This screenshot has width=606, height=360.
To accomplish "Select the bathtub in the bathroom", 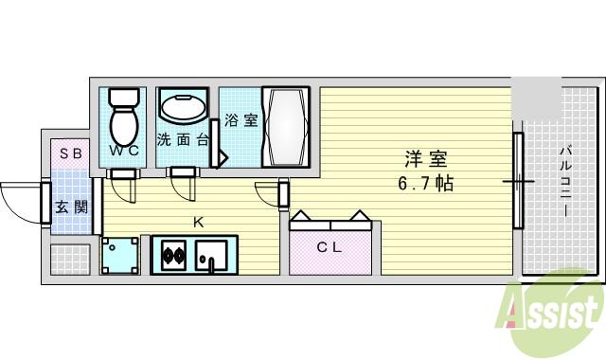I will click(x=285, y=127).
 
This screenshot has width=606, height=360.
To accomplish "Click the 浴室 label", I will click(x=241, y=121).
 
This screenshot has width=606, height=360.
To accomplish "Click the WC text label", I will click(x=124, y=151).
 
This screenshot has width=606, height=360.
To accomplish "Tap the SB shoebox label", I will click(x=71, y=153).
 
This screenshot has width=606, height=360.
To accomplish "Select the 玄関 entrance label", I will click(x=70, y=207).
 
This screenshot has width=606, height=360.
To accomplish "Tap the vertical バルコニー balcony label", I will click(x=564, y=181).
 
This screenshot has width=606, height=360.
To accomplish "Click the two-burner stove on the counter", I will click(x=172, y=255).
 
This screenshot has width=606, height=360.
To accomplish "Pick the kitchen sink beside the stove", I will click(x=212, y=254).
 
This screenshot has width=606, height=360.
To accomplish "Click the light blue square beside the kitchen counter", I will click(x=120, y=255).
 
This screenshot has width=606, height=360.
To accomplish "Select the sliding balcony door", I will click(x=518, y=180).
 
